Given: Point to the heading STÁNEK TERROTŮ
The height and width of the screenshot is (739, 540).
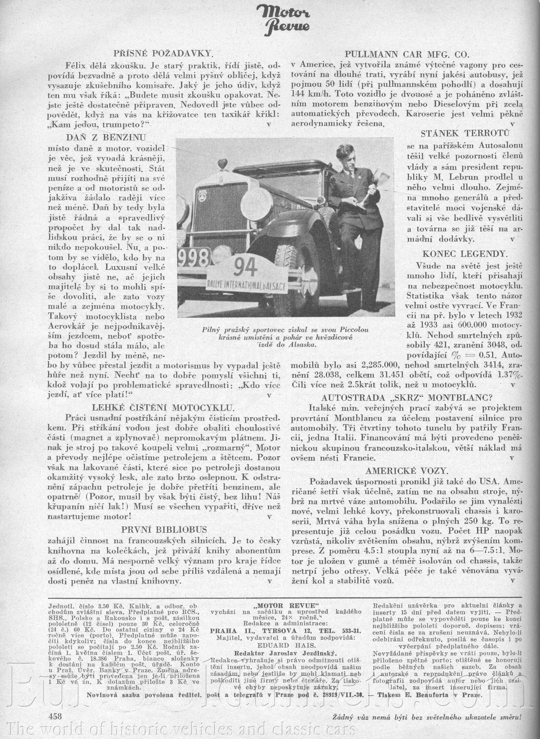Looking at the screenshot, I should [x=465, y=133].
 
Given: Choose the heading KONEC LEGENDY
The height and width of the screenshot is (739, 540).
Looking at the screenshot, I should [x=465, y=253].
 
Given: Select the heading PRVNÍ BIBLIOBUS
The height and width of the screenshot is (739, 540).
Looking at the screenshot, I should [x=164, y=529].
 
